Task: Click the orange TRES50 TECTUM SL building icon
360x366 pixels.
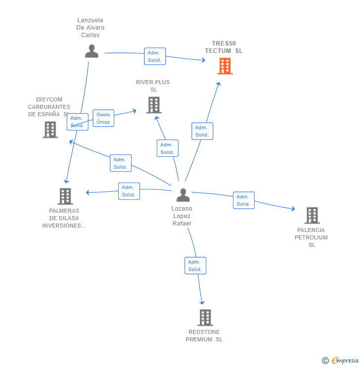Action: tap(225, 66)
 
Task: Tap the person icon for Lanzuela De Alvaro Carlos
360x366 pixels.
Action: tap(91, 51)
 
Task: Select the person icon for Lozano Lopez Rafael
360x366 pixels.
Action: tap(183, 195)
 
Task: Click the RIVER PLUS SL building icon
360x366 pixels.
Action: tap(154, 105)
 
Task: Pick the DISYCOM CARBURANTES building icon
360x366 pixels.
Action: tap(50, 130)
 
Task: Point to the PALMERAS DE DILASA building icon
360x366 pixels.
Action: tap(65, 196)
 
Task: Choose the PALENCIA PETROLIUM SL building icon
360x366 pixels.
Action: tap(312, 215)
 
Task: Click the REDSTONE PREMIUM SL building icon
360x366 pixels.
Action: tap(205, 318)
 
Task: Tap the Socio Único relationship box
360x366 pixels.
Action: tap(103, 118)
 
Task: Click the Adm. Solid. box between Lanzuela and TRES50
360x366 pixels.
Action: tap(155, 56)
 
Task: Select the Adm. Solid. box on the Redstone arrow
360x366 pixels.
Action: tap(195, 266)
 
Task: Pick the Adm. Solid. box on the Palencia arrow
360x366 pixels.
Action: tap(243, 200)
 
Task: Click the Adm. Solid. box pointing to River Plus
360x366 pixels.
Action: tap(167, 148)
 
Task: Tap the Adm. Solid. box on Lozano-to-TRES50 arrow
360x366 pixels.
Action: tap(202, 131)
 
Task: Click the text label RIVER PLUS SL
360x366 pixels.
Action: tap(153, 86)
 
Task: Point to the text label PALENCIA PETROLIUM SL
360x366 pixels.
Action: tap(311, 237)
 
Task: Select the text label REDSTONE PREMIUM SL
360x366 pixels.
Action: tap(204, 335)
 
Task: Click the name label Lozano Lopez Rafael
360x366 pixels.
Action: tap(182, 216)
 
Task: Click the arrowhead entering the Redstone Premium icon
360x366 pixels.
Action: tap(202, 302)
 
